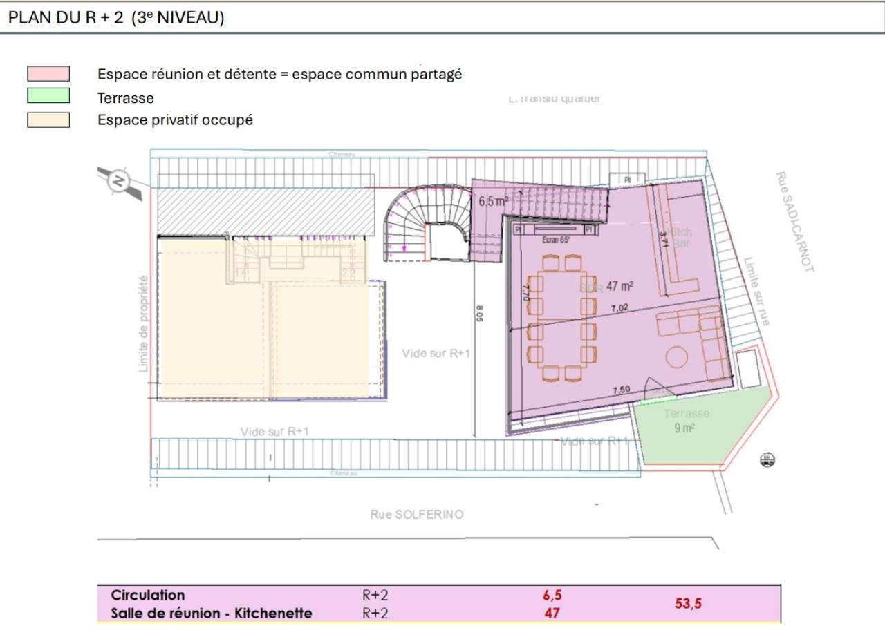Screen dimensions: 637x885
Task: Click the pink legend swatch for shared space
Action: (48, 74)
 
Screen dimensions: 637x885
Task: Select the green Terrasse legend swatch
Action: (48, 96)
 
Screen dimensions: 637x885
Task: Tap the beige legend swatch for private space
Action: (48, 120)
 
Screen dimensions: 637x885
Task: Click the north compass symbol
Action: (119, 182)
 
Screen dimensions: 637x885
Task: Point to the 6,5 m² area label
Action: (494, 202)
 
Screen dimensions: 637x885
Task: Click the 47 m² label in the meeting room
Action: (620, 285)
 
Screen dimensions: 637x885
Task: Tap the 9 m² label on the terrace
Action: (684, 428)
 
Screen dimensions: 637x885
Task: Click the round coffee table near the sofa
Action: (677, 356)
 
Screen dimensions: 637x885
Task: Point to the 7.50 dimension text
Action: (621, 390)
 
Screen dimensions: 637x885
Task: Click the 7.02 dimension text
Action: (619, 307)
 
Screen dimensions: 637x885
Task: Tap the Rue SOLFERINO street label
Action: (417, 515)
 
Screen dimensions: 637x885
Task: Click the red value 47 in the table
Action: (552, 613)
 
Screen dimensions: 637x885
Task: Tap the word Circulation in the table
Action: (148, 595)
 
